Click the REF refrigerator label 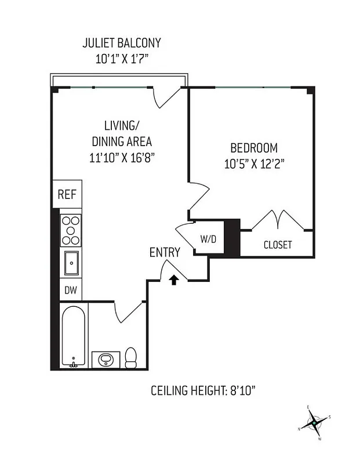coord(67,195)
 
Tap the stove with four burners coord(71,230)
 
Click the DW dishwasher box coord(70,289)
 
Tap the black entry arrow coord(173,280)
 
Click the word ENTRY coord(165,252)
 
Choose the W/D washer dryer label coord(208,238)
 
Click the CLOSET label coord(278,245)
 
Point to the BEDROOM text coord(253,147)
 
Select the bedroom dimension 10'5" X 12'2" coord(253,164)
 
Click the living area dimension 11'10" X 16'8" coord(120,157)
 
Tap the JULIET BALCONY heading coord(121,43)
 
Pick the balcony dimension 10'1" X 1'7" coord(121,58)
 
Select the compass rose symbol coord(314,425)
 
